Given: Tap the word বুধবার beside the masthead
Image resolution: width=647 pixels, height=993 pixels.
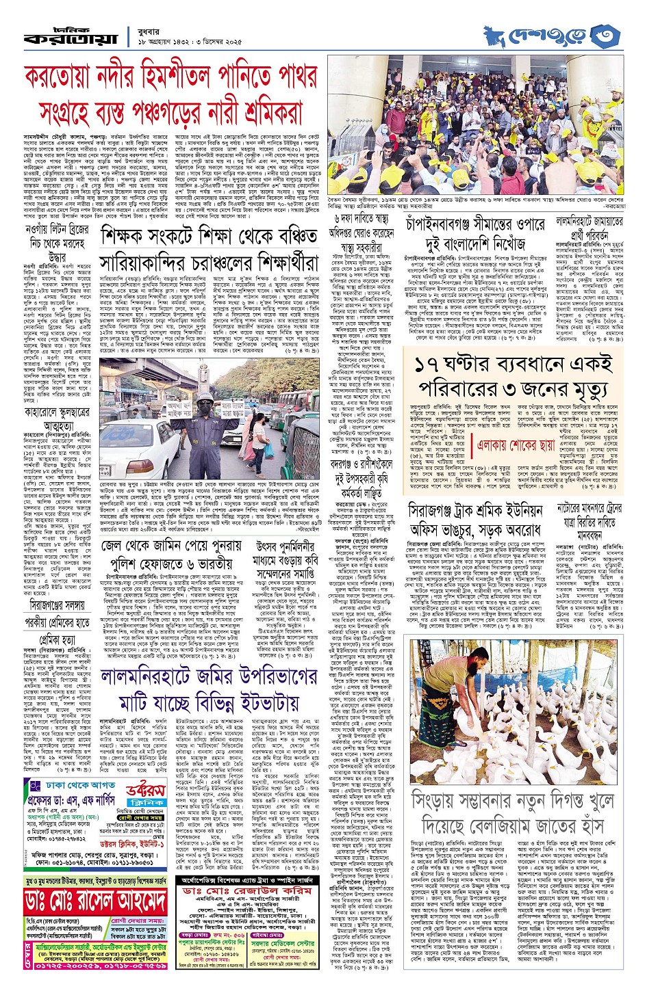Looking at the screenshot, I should [152, 29].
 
